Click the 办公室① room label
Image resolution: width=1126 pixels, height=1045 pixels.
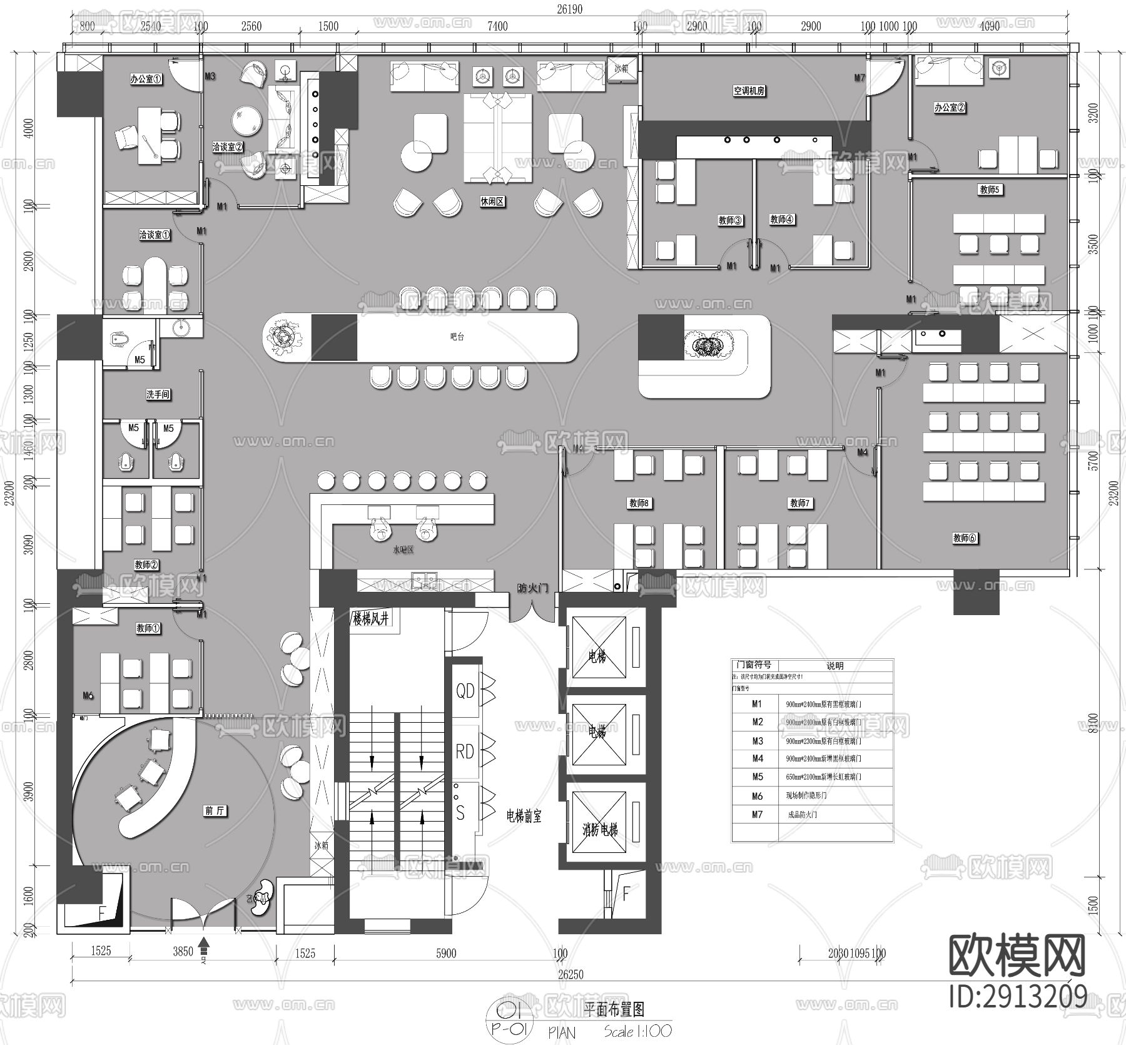coord(146,79)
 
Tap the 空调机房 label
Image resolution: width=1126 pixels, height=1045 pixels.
coord(749,91)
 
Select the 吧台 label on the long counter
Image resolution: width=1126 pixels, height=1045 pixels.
coord(457,337)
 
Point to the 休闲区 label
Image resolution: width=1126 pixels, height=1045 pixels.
coord(492,202)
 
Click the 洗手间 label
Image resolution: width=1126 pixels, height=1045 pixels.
coord(158,394)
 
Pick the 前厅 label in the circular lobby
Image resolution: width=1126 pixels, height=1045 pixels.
coord(215,810)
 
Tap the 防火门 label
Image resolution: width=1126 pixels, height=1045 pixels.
coord(532,588)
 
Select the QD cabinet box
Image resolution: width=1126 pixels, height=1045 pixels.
coord(465,691)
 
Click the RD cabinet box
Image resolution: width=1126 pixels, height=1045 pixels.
coord(465,751)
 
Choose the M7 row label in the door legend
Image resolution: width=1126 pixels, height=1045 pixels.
coord(757,814)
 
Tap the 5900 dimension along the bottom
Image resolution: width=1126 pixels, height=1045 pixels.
coord(446,953)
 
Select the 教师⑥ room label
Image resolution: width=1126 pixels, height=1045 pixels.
coord(965,538)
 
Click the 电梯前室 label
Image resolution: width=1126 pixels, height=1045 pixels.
coord(524,816)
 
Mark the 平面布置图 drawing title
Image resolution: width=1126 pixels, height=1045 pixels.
coord(613,1009)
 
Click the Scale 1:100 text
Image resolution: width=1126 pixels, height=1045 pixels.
coord(638,1031)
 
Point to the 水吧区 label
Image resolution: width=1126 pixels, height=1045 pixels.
coord(403,550)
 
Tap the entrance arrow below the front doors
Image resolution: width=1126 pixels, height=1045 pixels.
coord(204,943)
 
